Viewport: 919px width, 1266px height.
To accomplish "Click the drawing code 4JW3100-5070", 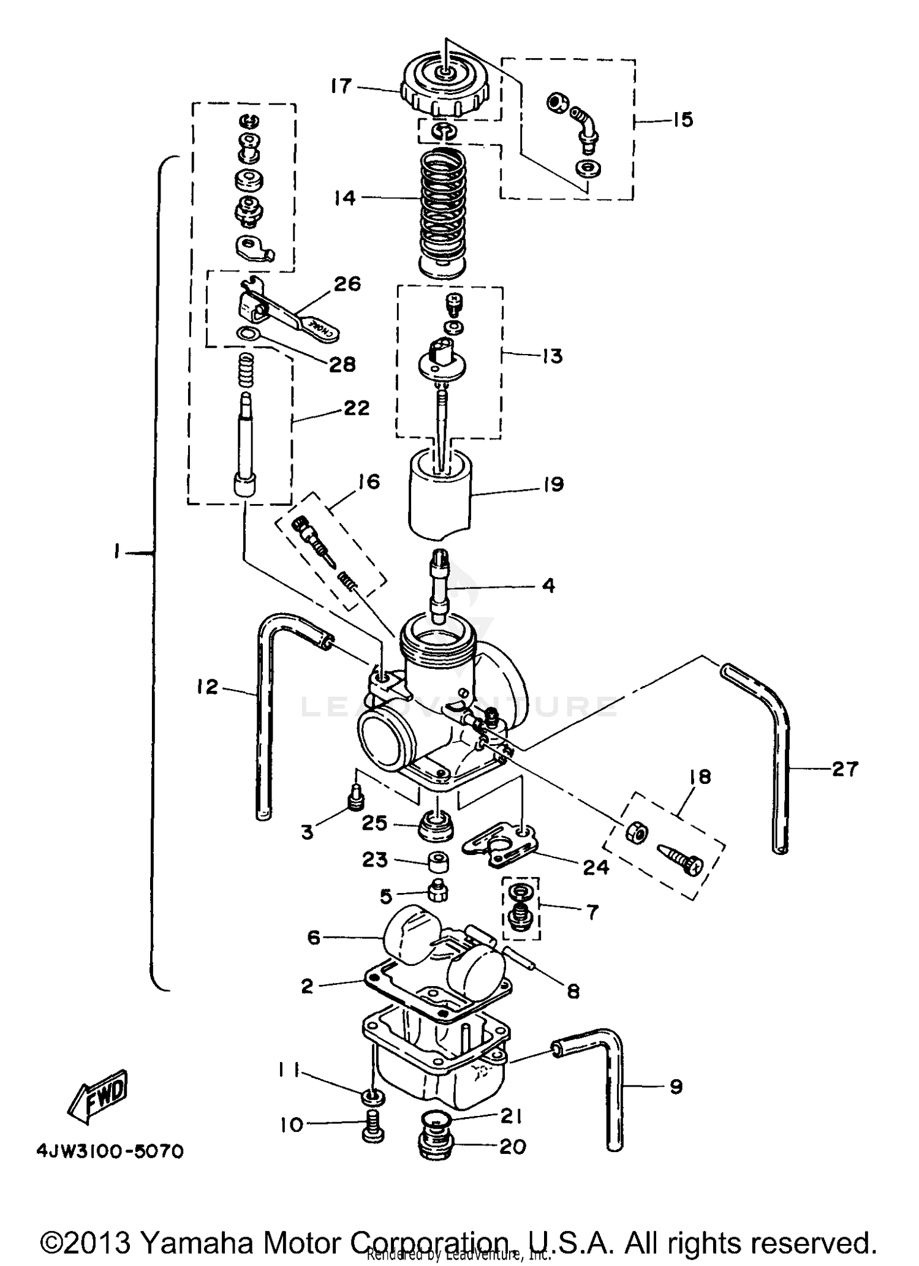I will (x=110, y=1152).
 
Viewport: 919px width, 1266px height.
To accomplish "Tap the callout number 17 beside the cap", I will (x=341, y=86).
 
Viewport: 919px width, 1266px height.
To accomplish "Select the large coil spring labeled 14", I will (x=443, y=208).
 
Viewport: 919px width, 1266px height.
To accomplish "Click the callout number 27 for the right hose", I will (x=845, y=768).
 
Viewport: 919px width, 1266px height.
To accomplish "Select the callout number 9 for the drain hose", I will (x=675, y=1087).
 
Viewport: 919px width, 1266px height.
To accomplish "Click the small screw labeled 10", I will (x=373, y=1130).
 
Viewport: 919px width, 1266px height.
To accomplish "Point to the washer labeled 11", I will (x=373, y=1096).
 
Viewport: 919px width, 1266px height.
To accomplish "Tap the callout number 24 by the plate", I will (x=596, y=867).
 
